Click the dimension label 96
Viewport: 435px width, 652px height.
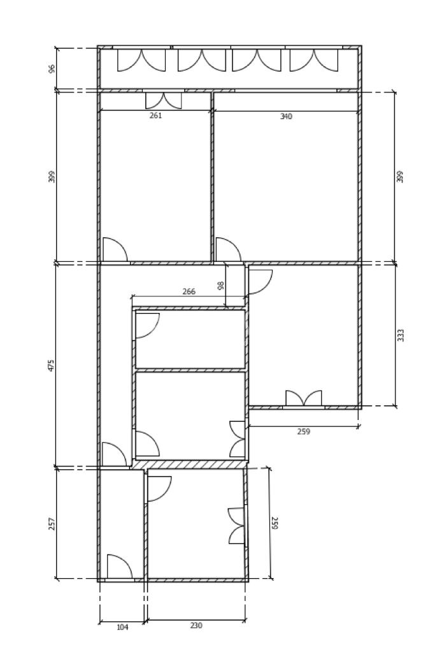click(x=52, y=68)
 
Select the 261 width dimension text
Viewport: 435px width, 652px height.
click(x=155, y=115)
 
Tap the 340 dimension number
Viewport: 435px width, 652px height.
click(x=286, y=116)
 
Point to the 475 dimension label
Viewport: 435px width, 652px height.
click(x=52, y=365)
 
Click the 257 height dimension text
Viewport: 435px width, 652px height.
click(x=52, y=523)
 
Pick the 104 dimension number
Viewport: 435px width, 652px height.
click(x=122, y=627)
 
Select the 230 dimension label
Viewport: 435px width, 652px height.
click(x=196, y=625)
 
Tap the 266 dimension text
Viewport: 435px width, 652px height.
click(x=189, y=291)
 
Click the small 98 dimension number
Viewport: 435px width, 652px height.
click(x=221, y=286)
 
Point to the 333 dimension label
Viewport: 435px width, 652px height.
click(x=401, y=335)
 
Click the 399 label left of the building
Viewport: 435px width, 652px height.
click(x=52, y=177)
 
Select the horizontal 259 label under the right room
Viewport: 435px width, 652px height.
click(x=304, y=431)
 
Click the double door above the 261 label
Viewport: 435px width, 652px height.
click(x=164, y=101)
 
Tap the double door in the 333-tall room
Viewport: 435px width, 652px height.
click(x=304, y=398)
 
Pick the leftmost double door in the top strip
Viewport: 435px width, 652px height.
click(x=141, y=61)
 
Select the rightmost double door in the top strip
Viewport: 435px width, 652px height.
click(x=314, y=61)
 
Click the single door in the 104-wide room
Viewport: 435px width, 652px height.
click(x=118, y=567)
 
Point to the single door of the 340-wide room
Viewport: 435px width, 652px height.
click(x=227, y=249)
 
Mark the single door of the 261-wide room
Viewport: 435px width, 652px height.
click(x=115, y=249)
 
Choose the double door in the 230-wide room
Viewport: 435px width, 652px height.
click(x=236, y=526)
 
